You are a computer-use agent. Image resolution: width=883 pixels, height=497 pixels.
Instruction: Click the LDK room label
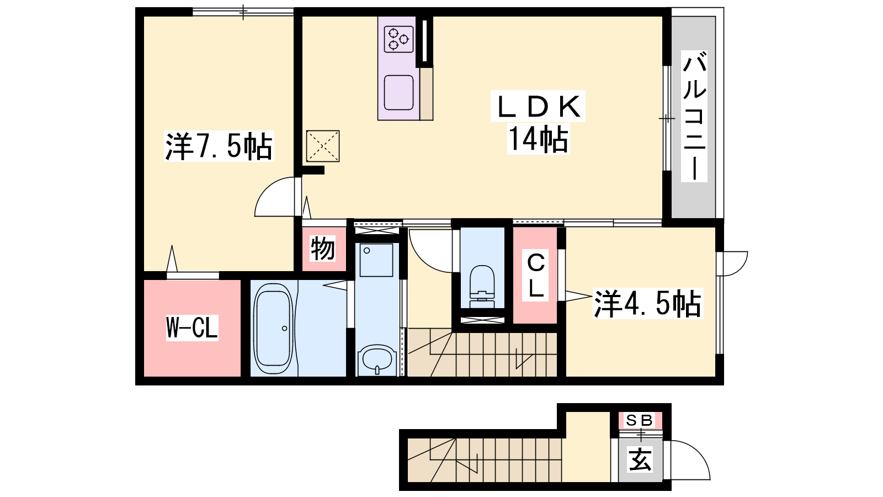point(538,107)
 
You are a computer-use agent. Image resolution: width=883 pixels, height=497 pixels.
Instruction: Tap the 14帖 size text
point(538,139)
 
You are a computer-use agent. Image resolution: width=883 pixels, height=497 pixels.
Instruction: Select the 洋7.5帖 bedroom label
point(219,146)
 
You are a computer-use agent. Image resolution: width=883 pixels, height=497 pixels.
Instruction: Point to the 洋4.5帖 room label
point(648,304)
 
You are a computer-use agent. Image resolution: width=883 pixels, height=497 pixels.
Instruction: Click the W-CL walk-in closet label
point(192,328)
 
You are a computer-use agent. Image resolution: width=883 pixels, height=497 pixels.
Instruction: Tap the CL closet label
point(536,276)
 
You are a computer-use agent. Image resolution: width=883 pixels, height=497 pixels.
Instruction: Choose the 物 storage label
point(323,248)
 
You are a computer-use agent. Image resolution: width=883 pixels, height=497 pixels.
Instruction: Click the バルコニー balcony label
point(695,117)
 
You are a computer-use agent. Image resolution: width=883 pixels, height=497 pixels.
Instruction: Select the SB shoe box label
point(640,421)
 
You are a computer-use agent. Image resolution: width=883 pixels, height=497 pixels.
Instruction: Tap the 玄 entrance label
point(640,459)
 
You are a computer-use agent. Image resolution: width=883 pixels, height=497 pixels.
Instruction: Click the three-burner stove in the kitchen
point(399,39)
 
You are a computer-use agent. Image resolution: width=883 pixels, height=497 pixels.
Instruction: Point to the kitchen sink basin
point(399,92)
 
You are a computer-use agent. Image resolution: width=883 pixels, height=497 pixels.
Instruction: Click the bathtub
point(273,328)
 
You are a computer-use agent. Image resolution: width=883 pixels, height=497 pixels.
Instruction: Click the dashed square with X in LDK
point(323,146)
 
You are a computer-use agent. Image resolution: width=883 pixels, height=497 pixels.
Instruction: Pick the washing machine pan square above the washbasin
point(376,260)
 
